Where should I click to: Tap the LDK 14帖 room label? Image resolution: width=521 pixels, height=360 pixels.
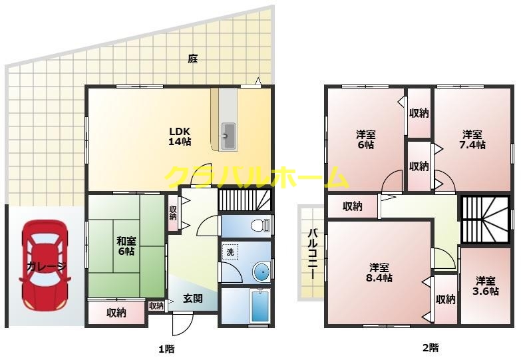pyautogui.click(x=180, y=136)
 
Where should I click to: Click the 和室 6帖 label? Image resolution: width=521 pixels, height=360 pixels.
pyautogui.click(x=126, y=246)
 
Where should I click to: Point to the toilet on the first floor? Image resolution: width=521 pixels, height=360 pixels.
pyautogui.click(x=258, y=226)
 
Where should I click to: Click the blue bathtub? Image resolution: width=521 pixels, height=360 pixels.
pyautogui.click(x=259, y=307)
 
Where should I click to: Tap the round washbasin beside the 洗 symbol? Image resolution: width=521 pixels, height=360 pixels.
pyautogui.click(x=261, y=271)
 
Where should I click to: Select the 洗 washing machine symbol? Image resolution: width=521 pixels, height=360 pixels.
pyautogui.click(x=229, y=252)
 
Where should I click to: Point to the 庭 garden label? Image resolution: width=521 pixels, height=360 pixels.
pyautogui.click(x=193, y=59)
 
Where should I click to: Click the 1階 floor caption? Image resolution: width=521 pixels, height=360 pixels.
pyautogui.click(x=166, y=347)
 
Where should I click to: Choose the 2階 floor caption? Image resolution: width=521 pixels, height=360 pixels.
pyautogui.click(x=430, y=347)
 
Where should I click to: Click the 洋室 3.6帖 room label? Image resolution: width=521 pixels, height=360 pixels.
pyautogui.click(x=486, y=286)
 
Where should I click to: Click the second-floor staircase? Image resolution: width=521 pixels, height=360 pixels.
pyautogui.click(x=485, y=220)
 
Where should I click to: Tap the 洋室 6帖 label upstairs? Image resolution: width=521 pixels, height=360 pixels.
pyautogui.click(x=365, y=139)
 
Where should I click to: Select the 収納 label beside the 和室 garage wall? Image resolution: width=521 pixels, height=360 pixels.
pyautogui.click(x=116, y=313)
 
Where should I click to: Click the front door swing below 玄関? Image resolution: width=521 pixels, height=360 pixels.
pyautogui.click(x=181, y=324)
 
